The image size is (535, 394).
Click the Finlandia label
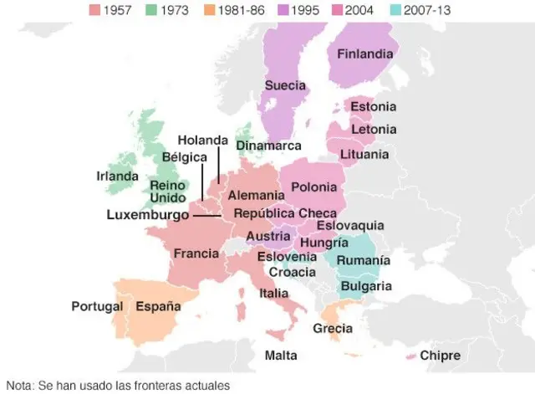[364, 54]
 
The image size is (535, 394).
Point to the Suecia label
[285, 85]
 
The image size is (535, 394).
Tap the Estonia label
[373, 107]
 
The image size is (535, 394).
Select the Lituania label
[364, 154]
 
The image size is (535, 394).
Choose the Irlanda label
[117, 177]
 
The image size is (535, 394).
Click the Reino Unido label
[167, 192]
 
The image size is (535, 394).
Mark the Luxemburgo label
[148, 215]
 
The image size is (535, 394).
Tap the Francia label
[196, 253]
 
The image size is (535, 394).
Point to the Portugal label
[97, 305]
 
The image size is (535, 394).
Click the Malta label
[281, 356]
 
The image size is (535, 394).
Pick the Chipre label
[440, 356]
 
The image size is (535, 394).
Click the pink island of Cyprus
[410, 356]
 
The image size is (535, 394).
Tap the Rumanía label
[364, 261]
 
